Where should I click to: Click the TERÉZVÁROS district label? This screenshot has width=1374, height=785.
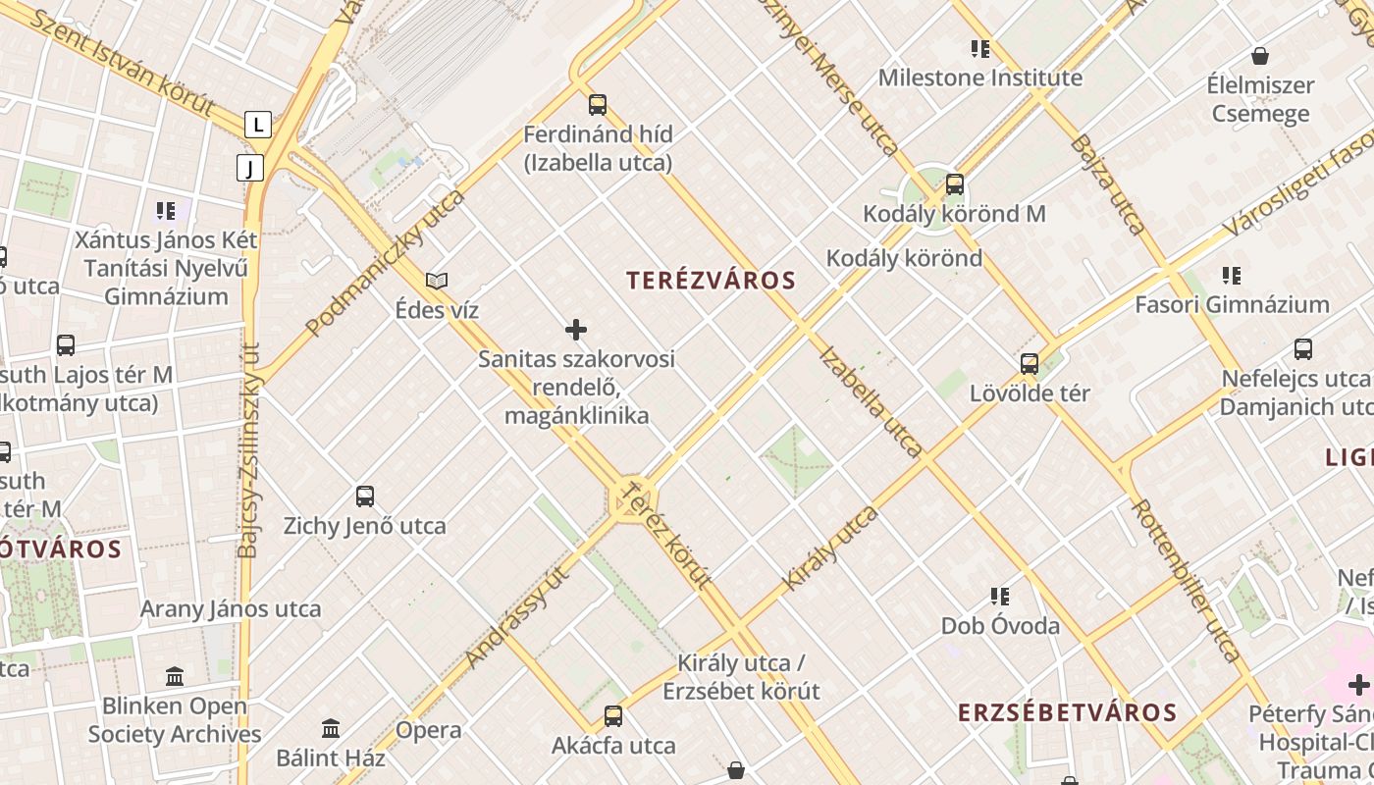(712, 281)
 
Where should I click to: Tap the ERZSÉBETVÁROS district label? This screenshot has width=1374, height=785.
(1067, 712)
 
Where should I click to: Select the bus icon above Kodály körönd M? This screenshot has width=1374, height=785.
(954, 184)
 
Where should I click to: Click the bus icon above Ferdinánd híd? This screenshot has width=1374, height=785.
(597, 105)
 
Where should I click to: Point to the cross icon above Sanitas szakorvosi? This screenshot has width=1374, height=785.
(576, 330)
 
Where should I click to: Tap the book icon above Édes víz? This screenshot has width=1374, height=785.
(437, 282)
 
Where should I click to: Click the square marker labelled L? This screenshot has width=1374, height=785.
(258, 125)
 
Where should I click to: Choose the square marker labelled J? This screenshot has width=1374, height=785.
(250, 168)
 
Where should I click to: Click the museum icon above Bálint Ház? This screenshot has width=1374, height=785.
(331, 729)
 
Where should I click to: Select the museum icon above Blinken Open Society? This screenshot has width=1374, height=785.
(175, 676)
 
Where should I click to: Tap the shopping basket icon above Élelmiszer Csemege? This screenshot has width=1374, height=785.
(1259, 57)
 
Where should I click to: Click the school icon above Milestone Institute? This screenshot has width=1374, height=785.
(979, 49)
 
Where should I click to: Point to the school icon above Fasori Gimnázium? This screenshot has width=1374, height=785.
(1232, 276)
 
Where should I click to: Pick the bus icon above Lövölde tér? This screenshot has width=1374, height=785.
(1029, 364)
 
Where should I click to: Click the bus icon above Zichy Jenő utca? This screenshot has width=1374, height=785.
(365, 497)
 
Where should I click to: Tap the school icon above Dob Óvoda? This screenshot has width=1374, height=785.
(1000, 597)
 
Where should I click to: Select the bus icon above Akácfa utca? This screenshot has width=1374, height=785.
(613, 716)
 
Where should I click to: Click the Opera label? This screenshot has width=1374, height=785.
(429, 730)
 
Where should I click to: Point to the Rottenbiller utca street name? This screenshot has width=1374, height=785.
(1187, 579)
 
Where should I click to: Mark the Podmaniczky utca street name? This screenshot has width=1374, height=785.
(385, 263)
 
